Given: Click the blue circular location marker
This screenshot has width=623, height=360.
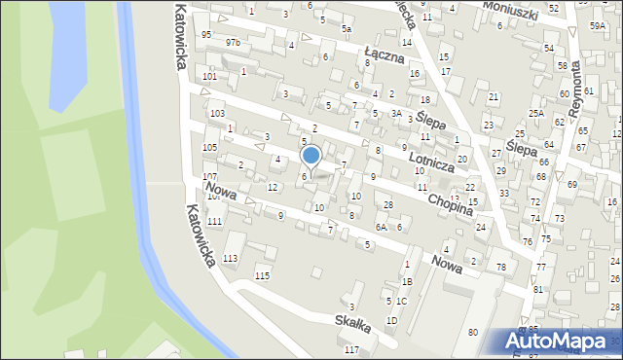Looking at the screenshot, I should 311,155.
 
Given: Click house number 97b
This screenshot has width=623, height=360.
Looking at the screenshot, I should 233,43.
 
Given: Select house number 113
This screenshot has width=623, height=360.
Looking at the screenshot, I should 230,258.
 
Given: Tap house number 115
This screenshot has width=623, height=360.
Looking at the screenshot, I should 262,276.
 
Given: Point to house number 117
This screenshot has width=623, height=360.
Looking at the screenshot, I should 352,349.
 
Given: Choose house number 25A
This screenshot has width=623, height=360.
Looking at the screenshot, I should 536,114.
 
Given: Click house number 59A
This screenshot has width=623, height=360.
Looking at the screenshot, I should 597,27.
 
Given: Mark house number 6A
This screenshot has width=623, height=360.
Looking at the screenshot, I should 381,227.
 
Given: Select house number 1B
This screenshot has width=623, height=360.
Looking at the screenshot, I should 407,281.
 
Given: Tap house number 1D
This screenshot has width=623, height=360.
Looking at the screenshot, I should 391,320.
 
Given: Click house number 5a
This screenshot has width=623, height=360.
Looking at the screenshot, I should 346,29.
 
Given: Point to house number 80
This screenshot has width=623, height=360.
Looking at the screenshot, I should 472,333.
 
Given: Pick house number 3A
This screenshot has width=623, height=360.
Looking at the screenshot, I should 396,113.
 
